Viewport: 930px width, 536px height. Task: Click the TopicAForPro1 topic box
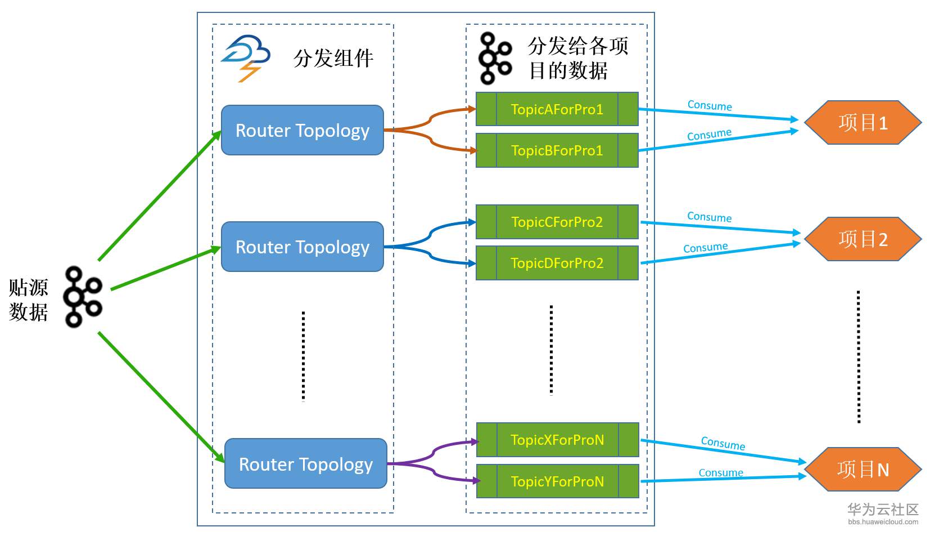[557, 109]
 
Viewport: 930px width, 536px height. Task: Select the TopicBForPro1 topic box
[557, 150]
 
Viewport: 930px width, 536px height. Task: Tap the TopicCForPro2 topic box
[557, 222]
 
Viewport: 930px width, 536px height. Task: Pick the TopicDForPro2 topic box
[557, 263]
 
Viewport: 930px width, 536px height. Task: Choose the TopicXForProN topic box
[557, 440]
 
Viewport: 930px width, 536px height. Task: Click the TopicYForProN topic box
[557, 481]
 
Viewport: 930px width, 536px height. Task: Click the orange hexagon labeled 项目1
[863, 123]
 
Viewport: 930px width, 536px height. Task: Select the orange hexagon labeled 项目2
[863, 239]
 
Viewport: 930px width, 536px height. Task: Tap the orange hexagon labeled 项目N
[863, 470]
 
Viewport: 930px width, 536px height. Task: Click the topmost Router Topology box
[303, 131]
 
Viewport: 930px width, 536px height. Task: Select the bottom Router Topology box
[306, 464]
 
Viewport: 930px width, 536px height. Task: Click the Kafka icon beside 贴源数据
[83, 297]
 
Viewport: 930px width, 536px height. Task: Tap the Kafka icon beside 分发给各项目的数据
[495, 59]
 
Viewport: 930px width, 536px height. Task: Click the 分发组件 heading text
[333, 59]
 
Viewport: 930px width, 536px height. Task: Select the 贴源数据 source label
[28, 300]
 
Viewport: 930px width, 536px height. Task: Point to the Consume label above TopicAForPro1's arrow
[710, 105]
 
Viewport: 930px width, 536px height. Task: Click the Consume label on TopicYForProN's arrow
[721, 473]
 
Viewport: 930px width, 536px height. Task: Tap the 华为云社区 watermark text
[883, 510]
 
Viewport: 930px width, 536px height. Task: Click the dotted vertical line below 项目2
[859, 356]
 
